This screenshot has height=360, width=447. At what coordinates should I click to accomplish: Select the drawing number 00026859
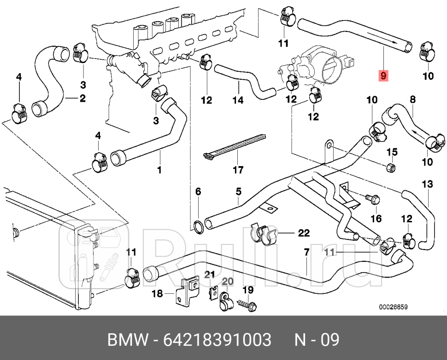tap(393, 307)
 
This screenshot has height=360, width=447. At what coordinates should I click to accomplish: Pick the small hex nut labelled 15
tap(390, 166)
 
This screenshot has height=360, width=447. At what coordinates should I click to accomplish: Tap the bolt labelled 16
tap(371, 199)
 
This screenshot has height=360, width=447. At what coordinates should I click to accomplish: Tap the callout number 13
tap(427, 185)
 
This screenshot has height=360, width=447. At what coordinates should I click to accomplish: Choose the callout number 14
tap(237, 99)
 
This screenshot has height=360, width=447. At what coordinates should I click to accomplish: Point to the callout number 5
tap(238, 191)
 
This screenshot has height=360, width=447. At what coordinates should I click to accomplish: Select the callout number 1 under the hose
tap(159, 170)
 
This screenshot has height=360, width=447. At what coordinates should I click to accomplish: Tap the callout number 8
tap(412, 99)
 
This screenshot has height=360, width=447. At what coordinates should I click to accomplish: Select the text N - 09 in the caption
tap(317, 340)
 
